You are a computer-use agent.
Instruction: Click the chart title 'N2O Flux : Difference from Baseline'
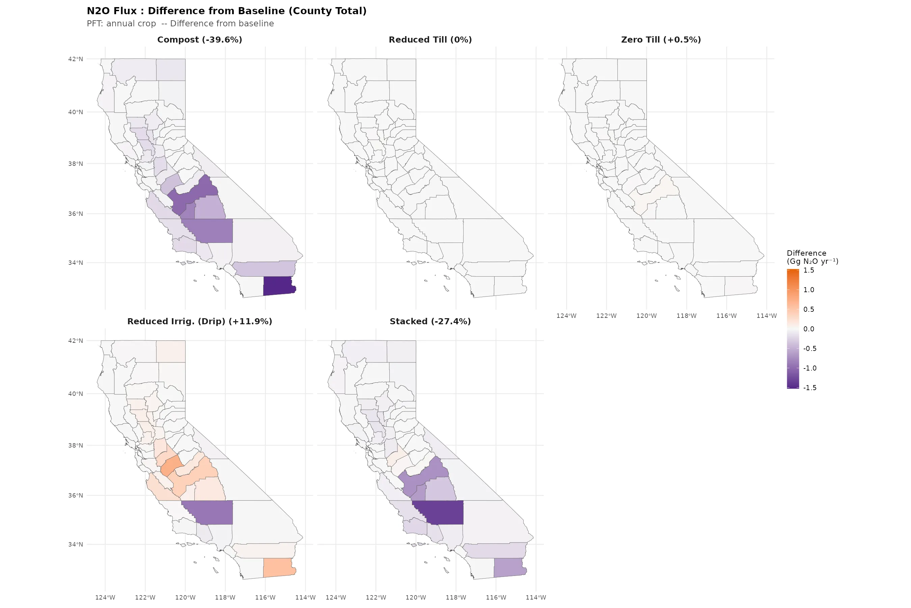226,11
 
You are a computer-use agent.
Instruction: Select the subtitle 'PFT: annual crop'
121,24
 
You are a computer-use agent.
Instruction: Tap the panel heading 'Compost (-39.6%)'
199,40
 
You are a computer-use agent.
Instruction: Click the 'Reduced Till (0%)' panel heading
430,40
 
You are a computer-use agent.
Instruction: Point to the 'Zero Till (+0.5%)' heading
661,40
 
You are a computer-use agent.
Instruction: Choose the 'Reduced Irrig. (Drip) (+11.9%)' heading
199,322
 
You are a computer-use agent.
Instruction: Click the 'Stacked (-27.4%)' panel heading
430,322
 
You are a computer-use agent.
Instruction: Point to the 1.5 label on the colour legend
809,270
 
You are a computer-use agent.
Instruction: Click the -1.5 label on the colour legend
809,388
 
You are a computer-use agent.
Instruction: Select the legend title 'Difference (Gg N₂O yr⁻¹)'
812,257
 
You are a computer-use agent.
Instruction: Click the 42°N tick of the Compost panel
76,59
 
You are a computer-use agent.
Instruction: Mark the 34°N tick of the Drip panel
76,544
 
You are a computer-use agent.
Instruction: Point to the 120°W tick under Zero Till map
646,315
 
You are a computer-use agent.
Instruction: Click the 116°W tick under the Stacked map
496,598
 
